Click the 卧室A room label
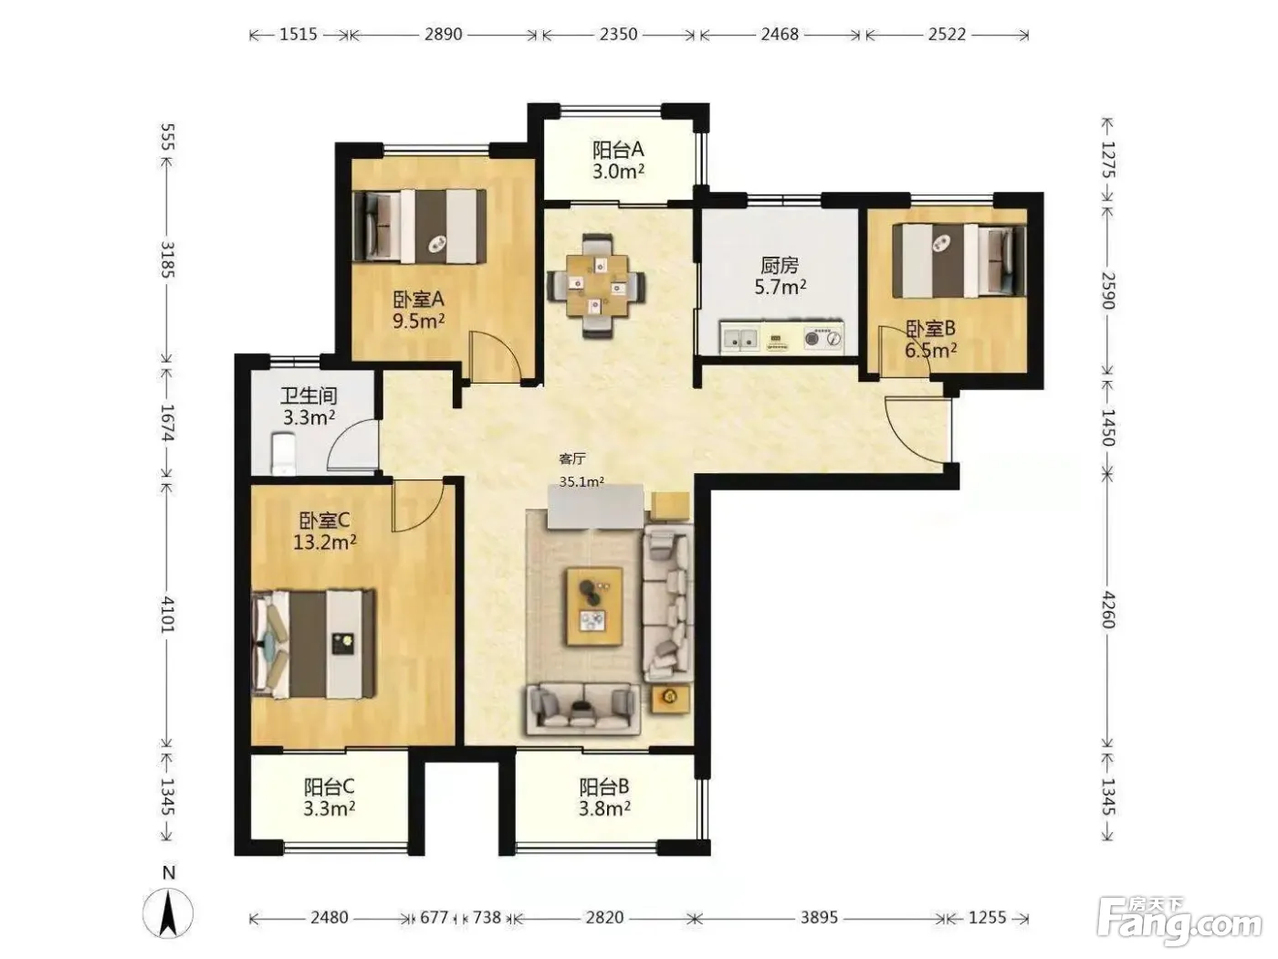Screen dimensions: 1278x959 419,300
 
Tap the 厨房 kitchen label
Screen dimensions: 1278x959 779,266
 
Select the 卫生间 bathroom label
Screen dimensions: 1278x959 309,396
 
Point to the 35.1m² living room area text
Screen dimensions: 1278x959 581,481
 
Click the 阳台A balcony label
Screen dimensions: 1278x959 618,150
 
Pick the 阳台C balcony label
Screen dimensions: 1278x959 329,786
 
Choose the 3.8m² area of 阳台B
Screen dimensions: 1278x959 604,808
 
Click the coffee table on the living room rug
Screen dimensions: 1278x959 594,606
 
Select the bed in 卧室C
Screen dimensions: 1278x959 313,644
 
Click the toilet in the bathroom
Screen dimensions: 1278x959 285,454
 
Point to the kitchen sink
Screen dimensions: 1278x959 740,337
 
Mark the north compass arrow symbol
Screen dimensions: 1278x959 168,913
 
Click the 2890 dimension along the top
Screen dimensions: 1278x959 443,35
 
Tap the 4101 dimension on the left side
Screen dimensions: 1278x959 168,614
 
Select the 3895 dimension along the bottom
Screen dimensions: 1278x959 819,918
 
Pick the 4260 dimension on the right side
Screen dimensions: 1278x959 1108,609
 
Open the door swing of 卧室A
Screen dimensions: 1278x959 495,357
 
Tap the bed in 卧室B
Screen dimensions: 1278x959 958,260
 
